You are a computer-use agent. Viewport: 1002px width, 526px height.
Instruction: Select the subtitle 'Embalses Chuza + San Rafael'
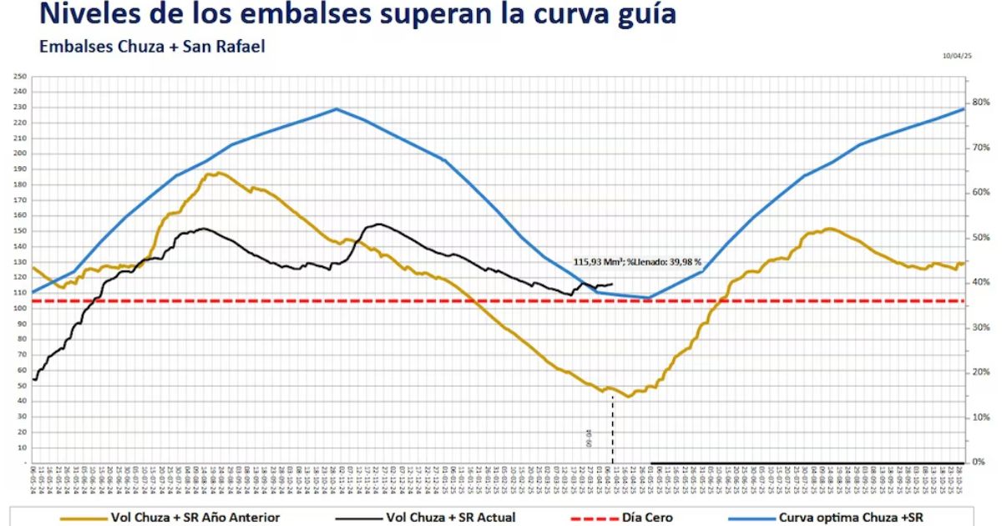(x=152, y=47)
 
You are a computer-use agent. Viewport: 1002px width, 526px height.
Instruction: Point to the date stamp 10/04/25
(x=957, y=55)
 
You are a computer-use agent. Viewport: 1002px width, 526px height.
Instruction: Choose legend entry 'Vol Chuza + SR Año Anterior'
(x=195, y=518)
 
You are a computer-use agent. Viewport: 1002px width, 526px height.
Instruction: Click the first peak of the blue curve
(x=336, y=109)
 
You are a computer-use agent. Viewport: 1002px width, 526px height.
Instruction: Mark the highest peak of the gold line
(x=219, y=173)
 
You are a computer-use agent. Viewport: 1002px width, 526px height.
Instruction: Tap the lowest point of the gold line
(x=629, y=397)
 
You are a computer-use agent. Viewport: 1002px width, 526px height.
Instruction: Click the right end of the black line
(x=612, y=284)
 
